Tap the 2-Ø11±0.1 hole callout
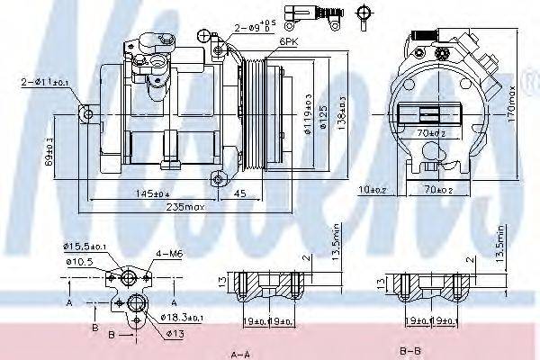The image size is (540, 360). (42, 84)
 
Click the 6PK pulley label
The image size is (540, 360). (289, 41)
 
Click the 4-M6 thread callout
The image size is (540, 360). (168, 255)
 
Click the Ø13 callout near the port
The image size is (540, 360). (175, 334)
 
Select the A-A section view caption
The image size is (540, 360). (241, 353)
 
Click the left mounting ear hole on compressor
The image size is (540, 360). (86, 113)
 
